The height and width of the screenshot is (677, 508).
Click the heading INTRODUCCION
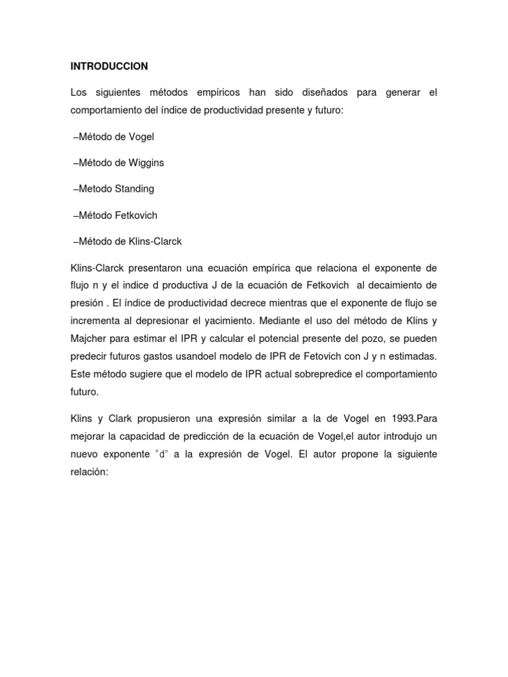click(109, 66)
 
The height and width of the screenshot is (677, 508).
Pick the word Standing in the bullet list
click(134, 189)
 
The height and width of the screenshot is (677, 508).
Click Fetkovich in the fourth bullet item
click(137, 216)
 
